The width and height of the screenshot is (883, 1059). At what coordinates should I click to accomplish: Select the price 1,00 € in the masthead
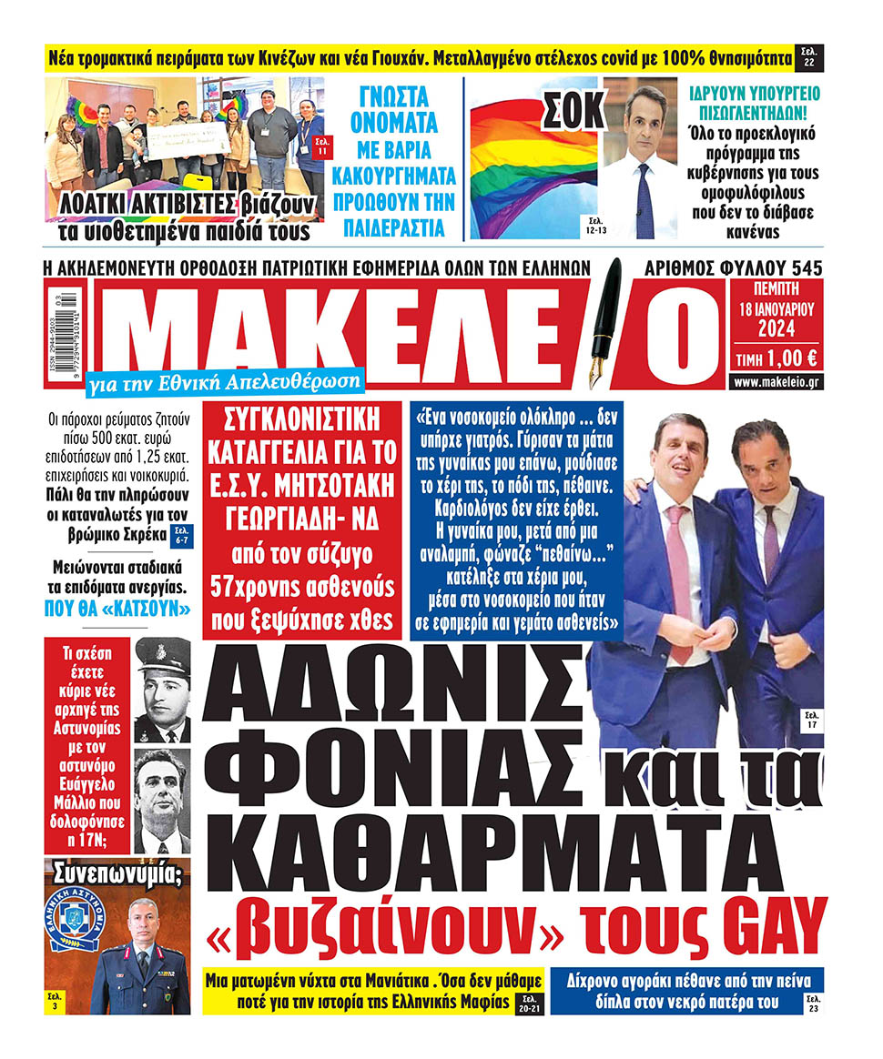791,358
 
